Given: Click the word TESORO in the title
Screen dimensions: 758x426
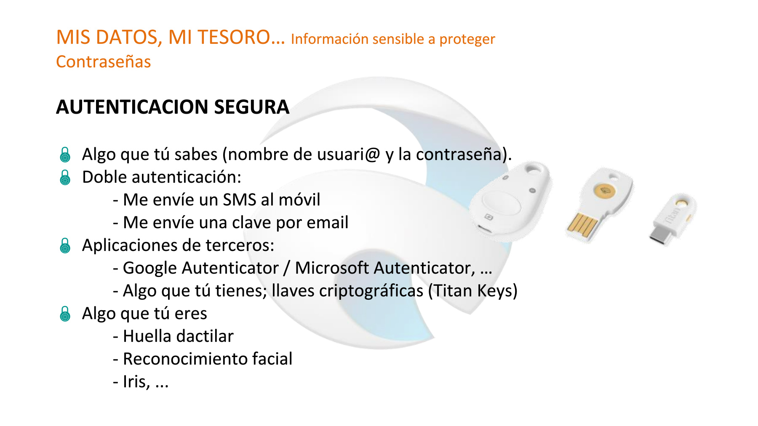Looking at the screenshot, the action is tap(234, 37).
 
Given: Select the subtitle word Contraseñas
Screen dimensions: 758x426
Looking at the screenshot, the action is tap(104, 62).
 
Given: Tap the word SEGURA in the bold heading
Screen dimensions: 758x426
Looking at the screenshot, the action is tap(251, 107).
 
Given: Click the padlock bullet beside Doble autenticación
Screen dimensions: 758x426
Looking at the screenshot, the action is tap(65, 178).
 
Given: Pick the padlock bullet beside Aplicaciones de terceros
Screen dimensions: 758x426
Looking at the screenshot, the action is tap(65, 246).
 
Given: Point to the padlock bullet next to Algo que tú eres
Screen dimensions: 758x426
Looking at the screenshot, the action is tap(65, 314).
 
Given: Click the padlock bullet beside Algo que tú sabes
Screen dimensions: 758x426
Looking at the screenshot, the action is tap(65, 155).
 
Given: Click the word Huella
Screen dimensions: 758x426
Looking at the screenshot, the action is tap(147, 336).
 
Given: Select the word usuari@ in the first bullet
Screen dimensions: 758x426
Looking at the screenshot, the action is tap(349, 154).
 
